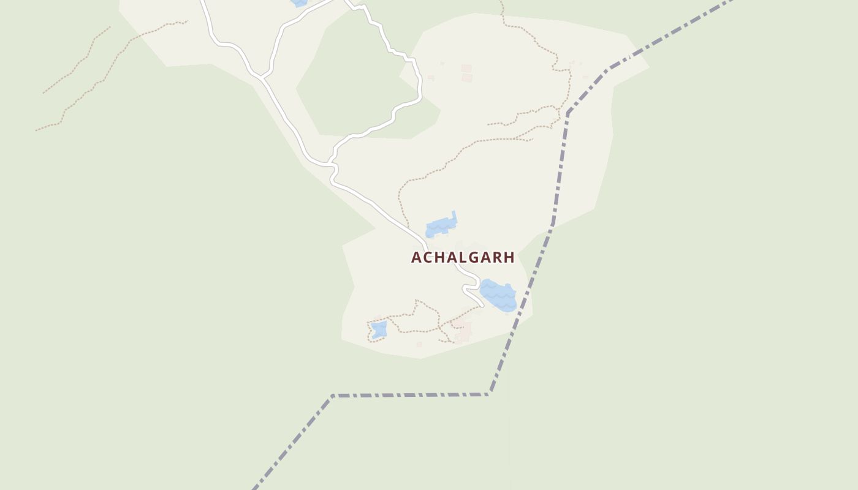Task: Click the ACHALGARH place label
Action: pos(463,258)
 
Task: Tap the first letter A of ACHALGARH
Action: pos(417,258)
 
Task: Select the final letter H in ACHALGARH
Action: pos(509,258)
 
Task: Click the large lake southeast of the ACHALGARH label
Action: pos(499,295)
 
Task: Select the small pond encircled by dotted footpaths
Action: pos(379,330)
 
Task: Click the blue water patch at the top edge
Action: pos(299,2)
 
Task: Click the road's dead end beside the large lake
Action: pos(482,305)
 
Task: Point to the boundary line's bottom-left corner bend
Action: pos(333,396)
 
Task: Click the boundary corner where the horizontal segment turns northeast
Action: pos(490,393)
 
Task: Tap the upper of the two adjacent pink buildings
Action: pos(466,68)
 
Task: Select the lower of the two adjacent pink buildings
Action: pos(467,78)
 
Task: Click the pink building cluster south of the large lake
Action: pos(461,331)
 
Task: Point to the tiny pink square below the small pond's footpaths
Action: pos(419,344)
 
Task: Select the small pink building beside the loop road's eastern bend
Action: pos(431,78)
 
